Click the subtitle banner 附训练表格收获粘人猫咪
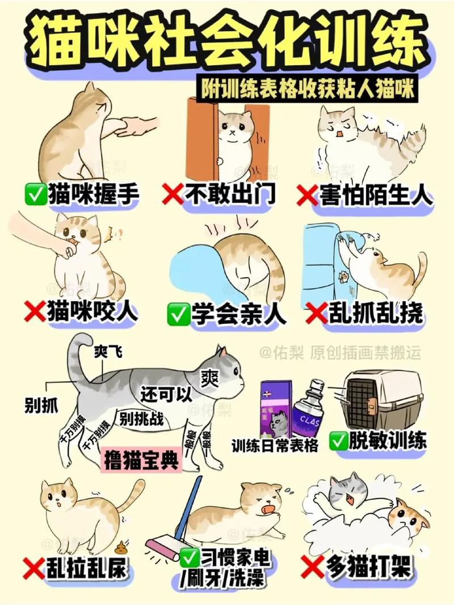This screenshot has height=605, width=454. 309,89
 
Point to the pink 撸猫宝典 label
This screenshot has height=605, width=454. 141,460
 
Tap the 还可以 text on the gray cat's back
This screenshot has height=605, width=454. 167,394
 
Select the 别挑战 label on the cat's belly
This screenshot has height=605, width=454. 141,419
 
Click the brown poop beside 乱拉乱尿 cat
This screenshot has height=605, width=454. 121,548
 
